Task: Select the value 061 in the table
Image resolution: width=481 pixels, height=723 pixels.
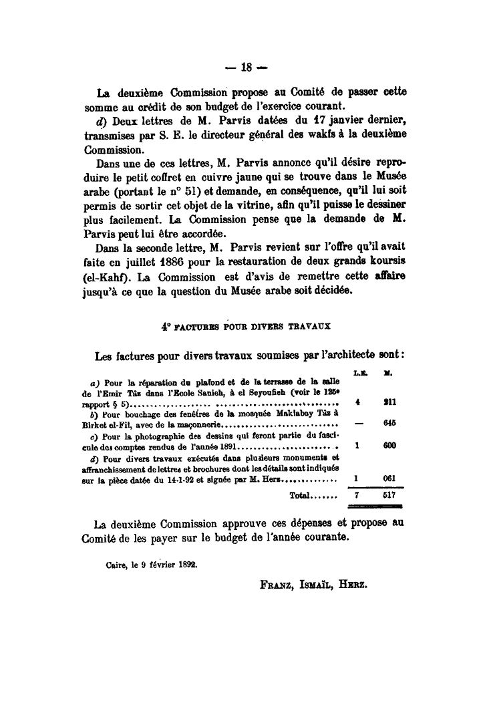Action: [x=390, y=478]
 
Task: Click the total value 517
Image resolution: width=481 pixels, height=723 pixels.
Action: [x=390, y=496]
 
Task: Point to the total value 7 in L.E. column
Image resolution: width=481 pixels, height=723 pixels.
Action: [x=357, y=496]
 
